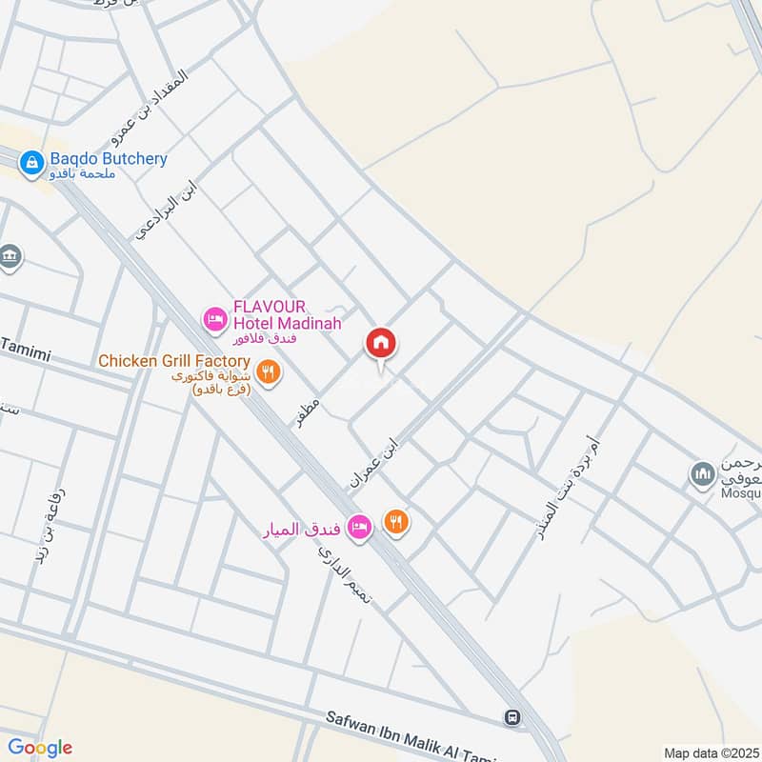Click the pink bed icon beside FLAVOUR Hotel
coord(214,316)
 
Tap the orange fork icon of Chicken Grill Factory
coord(269,371)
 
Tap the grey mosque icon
coord(703,474)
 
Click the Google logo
coord(40,748)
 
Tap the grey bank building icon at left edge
coord(10,257)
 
